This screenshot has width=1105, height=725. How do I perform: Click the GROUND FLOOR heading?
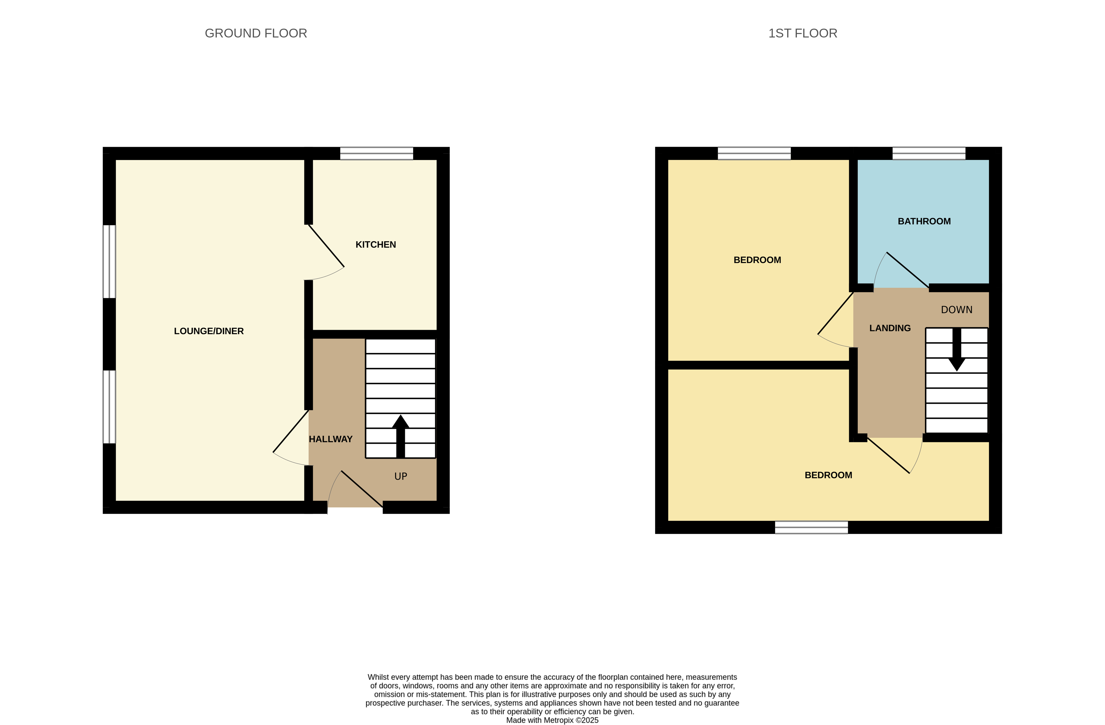[x=256, y=33]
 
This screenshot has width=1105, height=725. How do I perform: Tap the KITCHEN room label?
[x=376, y=245]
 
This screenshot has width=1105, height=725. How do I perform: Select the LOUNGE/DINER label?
[x=209, y=331]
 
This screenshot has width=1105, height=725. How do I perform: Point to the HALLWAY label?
[x=331, y=439]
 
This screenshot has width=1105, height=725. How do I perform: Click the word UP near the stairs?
[x=401, y=476]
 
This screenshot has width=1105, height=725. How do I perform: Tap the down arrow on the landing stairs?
[x=956, y=351]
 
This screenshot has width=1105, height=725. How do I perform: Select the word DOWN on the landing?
[x=956, y=310]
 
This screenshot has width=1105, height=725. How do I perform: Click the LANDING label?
[x=889, y=328]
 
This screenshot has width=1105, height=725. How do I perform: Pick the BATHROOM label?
[x=924, y=221]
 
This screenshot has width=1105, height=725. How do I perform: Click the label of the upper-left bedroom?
[x=757, y=260]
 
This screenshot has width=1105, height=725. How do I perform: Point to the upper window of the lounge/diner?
[x=109, y=261]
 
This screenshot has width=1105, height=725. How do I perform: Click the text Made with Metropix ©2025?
[x=552, y=720]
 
